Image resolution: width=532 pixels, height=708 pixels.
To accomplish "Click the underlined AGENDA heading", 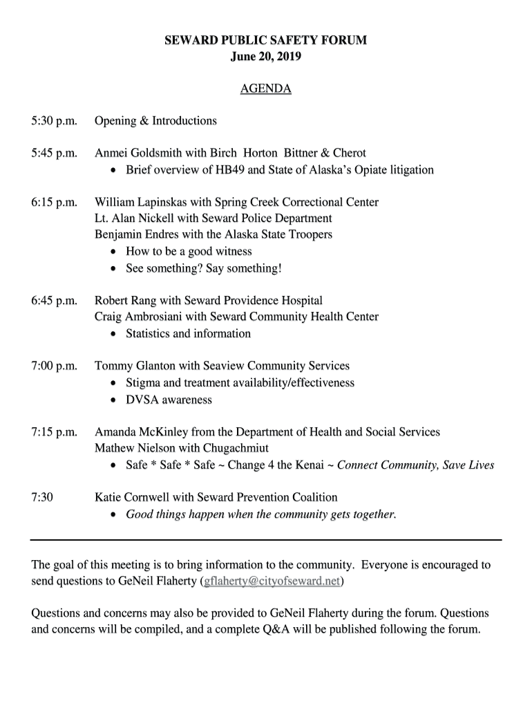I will tap(265, 89).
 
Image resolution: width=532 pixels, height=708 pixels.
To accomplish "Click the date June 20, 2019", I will tap(265, 57).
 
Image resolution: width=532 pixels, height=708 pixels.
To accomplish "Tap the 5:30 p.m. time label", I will tap(55, 121).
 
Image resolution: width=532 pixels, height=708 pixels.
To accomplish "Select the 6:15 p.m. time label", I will tap(55, 203).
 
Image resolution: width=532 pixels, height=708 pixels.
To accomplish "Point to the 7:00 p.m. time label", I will tap(55, 366).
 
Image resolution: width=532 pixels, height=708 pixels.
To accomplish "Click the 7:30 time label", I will tap(43, 497).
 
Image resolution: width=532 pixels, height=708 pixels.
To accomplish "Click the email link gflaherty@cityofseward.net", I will tap(271, 581).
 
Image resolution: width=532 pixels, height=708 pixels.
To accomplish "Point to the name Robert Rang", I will tap(126, 301).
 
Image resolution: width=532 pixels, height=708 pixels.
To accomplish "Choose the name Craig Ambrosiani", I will tap(138, 317).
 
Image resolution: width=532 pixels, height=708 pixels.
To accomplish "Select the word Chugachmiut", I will tap(234, 447).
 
